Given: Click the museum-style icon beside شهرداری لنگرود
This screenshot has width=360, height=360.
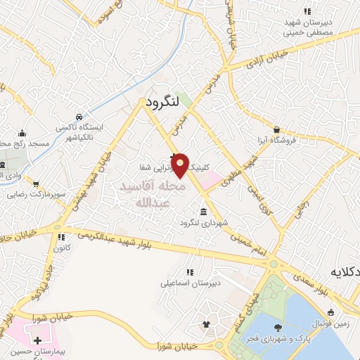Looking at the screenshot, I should tap(203, 212).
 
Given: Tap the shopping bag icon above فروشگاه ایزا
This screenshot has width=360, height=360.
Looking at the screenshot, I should tap(279, 129).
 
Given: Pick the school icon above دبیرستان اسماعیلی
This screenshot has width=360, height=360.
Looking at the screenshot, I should tap(189, 272).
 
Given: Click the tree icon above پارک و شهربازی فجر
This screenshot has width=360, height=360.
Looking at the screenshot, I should tap(279, 327).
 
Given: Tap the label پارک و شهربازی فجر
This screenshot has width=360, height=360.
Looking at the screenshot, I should tap(279, 340).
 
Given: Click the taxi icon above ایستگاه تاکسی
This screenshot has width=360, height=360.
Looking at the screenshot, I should tap(79, 116).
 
